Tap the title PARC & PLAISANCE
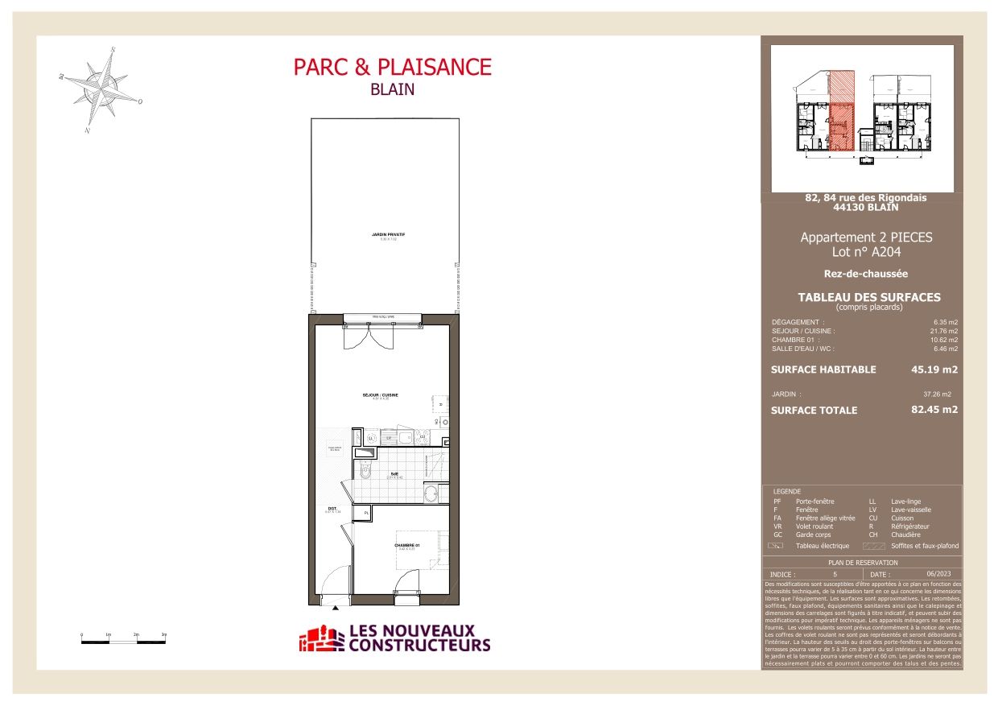click(x=392, y=67)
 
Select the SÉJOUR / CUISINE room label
click(x=380, y=395)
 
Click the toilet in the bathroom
click(x=365, y=472)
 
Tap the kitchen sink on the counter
click(x=400, y=438)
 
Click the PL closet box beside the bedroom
click(x=366, y=513)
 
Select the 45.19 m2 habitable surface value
click(x=934, y=370)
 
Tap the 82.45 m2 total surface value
click(x=934, y=410)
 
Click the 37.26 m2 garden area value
click(x=937, y=394)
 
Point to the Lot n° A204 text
click(x=866, y=252)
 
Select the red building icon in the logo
click(x=320, y=639)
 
